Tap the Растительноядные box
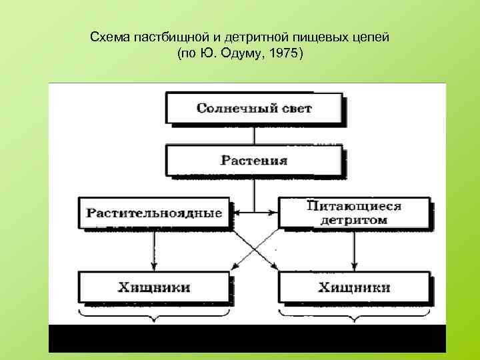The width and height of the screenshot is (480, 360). (x=153, y=213)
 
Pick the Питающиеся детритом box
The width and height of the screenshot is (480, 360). (x=354, y=212)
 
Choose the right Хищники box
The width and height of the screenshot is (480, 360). (x=354, y=287)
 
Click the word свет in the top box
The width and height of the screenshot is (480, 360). (x=297, y=108)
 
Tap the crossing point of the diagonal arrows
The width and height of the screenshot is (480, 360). (x=254, y=250)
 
